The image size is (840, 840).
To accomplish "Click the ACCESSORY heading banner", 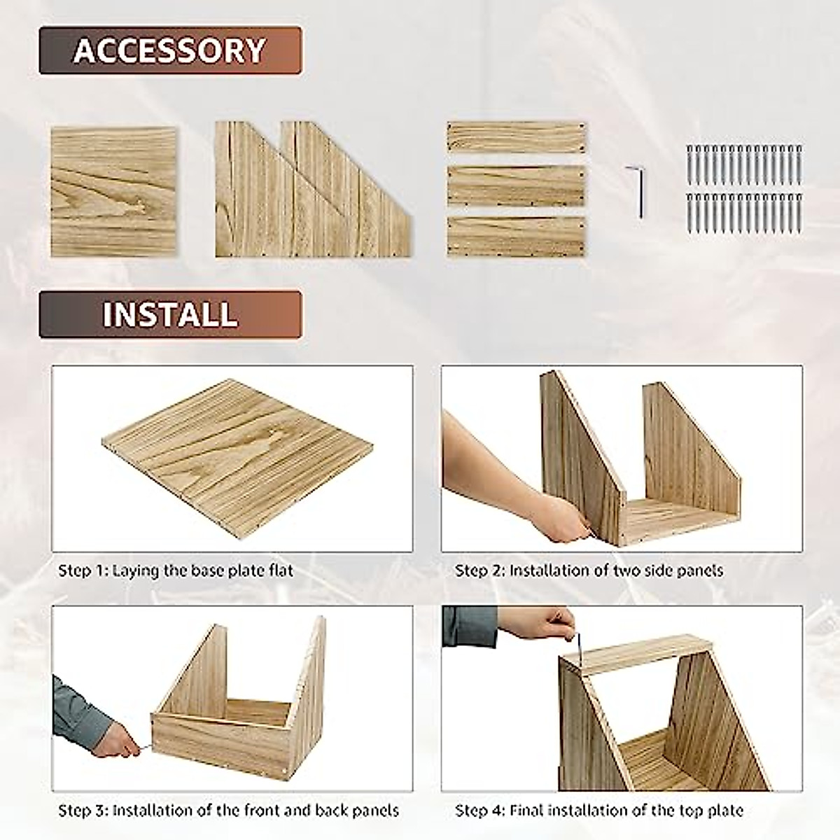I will [x=170, y=50].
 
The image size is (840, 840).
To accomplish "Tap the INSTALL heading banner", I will [x=170, y=315].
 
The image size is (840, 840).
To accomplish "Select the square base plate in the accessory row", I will [x=113, y=191].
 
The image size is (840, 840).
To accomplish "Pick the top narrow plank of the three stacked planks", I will [x=516, y=137].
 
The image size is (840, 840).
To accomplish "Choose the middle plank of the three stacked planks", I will [x=516, y=185].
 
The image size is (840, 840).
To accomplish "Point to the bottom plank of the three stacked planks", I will [x=516, y=237].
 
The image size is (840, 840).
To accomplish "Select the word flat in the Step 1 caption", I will [x=279, y=570].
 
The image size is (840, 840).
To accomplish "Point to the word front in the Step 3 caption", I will [x=262, y=811].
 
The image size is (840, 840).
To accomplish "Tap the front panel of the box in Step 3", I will [x=220, y=742].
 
